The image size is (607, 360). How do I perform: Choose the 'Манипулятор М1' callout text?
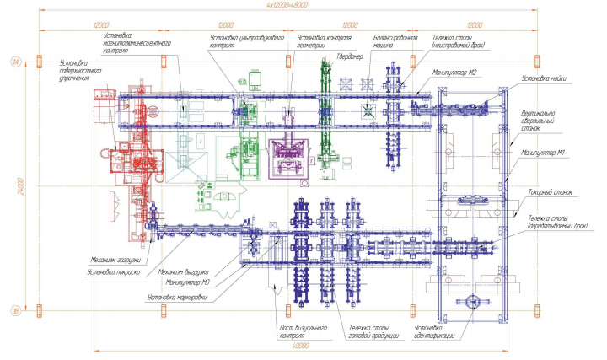[x=543, y=153]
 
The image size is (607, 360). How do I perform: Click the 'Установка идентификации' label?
[x=435, y=331]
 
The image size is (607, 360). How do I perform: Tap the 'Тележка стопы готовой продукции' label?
[x=368, y=331]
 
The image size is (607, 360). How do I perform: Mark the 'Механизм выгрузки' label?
[x=183, y=271]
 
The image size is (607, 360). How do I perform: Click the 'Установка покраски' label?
[x=121, y=271]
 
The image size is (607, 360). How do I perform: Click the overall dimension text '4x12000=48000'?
[x=287, y=5]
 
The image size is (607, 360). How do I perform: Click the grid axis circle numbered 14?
[x=14, y=61]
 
